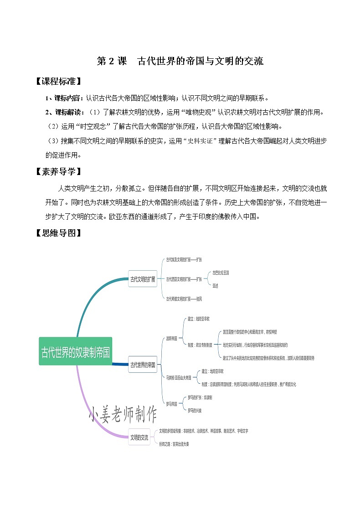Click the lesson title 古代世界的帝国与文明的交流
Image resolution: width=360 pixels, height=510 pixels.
click(x=200, y=61)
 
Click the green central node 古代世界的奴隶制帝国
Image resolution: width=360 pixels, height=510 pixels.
click(x=76, y=351)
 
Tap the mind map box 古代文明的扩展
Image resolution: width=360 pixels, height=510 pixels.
click(x=143, y=279)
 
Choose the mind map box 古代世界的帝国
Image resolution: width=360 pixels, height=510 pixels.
click(x=143, y=365)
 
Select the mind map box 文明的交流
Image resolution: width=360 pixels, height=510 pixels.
click(x=139, y=437)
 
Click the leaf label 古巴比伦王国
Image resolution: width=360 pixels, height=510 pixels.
click(x=221, y=273)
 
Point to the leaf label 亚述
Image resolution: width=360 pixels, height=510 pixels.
click(x=216, y=286)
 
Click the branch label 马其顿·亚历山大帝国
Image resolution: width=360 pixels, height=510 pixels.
click(x=178, y=378)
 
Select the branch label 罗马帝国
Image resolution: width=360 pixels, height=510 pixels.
click(x=171, y=404)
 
